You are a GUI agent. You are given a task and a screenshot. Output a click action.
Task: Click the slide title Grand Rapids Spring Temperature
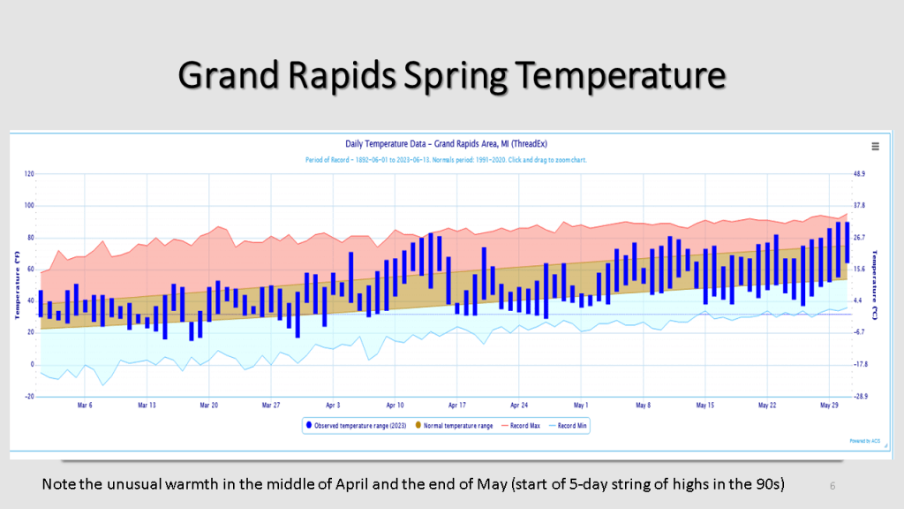point(451,75)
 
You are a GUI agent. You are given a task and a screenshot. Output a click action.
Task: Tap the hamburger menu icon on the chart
point(875,147)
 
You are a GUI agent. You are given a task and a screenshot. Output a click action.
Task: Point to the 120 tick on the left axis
point(29,174)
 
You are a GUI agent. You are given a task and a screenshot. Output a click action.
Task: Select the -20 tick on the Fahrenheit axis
point(29,397)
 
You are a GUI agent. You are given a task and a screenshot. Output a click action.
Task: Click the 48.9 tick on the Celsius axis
point(861,174)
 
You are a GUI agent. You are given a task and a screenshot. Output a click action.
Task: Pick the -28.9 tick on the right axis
point(862,397)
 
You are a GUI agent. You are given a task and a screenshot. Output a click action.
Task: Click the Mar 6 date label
point(85,406)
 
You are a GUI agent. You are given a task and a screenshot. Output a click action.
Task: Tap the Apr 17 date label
point(456,406)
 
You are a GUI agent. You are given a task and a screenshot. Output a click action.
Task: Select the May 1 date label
point(581,406)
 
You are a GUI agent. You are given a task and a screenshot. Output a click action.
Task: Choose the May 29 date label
point(829,406)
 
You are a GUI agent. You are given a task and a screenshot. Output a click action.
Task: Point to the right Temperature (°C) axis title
point(874,285)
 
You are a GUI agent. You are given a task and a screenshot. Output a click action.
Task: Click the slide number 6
point(832,485)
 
